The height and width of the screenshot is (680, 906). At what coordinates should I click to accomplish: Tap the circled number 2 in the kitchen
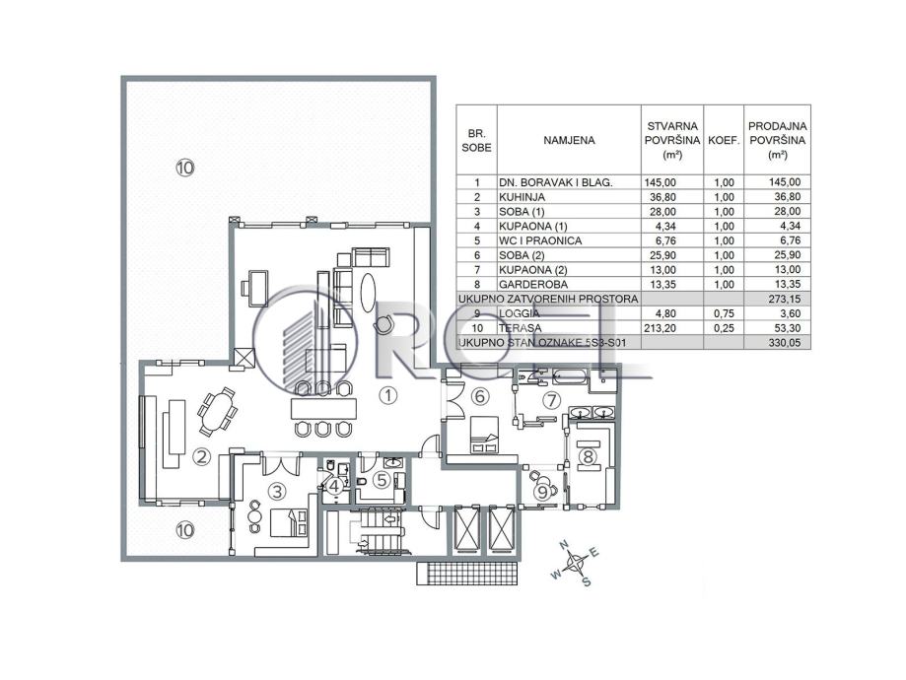(200, 455)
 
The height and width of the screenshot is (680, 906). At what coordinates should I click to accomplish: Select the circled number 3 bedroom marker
(277, 490)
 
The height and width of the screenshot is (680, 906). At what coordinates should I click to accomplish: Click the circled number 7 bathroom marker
(551, 400)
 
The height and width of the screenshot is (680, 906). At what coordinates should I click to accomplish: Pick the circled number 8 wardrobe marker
(587, 455)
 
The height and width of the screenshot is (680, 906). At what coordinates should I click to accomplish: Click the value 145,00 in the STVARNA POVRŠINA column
(673, 182)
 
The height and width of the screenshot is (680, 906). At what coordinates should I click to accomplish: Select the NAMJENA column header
(569, 140)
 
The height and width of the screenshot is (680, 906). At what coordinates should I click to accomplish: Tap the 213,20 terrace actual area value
(673, 327)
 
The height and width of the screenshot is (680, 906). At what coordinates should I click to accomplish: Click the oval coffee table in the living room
(367, 291)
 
